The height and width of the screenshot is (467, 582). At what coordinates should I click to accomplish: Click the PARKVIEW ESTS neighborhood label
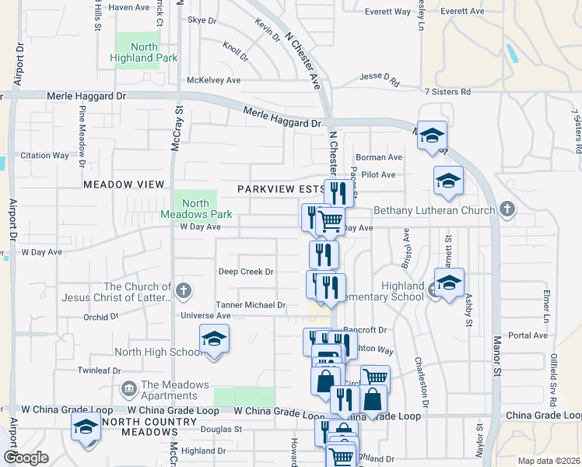[281, 189]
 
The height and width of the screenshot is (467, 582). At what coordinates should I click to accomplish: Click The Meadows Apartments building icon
[128, 388]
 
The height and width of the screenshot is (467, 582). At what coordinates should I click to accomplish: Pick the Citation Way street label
[45, 156]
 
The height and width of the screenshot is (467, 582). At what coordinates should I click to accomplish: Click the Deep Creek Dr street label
[246, 272]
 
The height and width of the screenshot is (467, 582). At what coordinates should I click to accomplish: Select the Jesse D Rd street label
[379, 78]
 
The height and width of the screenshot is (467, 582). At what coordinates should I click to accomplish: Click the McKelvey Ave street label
[214, 80]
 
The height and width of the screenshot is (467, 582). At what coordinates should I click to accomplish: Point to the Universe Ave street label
[205, 316]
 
